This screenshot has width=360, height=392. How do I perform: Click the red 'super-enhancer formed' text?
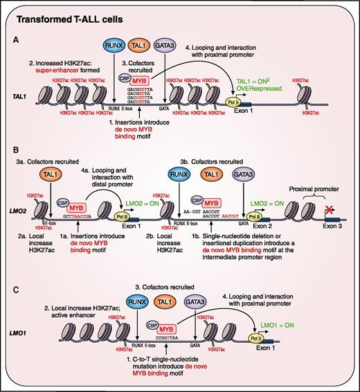coord(66,79)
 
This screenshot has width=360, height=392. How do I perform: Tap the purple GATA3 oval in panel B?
coord(241,178)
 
